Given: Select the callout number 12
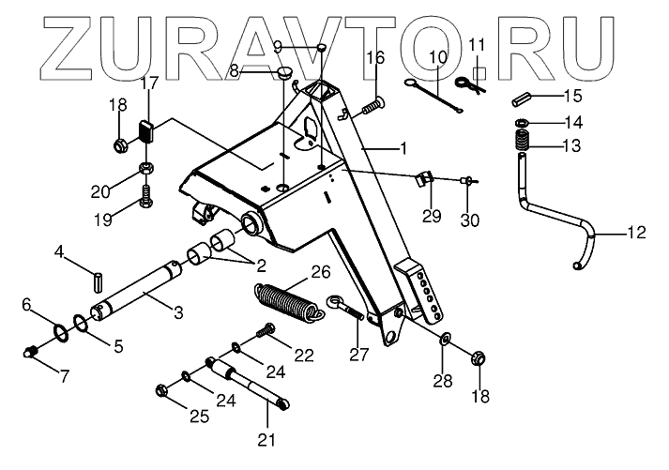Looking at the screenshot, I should tap(636, 233).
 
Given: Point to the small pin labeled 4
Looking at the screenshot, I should tap(99, 280).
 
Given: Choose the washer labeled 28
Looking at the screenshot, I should tap(443, 337).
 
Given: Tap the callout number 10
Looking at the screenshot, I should tap(437, 59).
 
